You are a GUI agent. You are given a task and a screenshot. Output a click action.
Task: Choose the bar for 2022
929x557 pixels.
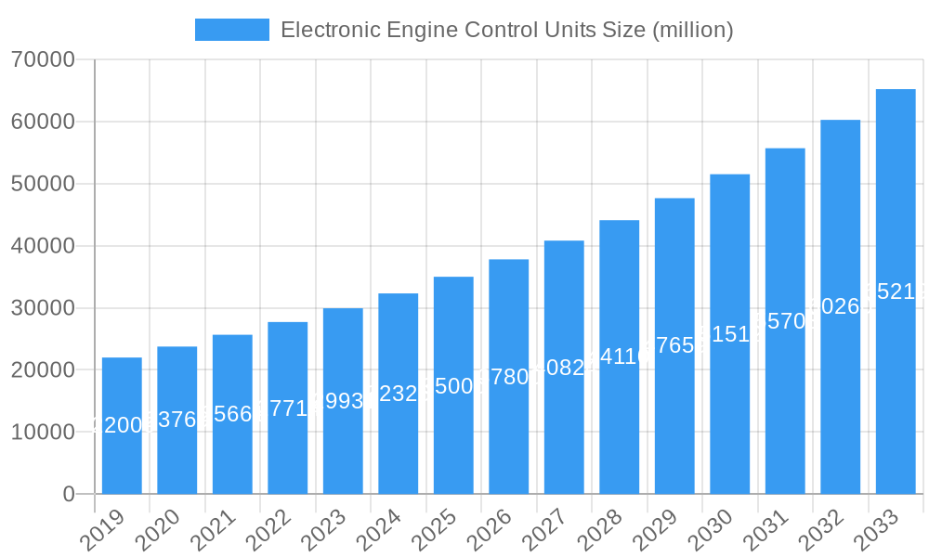coord(287,408)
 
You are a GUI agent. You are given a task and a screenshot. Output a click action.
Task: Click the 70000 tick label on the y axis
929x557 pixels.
coord(44,60)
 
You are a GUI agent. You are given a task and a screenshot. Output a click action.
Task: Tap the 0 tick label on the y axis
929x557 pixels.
coord(69,495)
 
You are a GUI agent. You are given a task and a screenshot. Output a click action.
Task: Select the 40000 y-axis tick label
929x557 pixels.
coord(44,246)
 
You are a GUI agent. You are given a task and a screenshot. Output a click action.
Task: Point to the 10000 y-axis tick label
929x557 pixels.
coord(44,433)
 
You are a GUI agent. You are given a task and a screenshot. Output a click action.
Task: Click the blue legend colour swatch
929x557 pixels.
coord(231,30)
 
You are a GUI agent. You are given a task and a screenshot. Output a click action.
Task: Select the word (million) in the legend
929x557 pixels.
coord(693,30)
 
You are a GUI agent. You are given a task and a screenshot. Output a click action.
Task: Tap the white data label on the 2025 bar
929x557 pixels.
coord(453,386)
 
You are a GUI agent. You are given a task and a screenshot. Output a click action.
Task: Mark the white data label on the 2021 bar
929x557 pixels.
coord(232,414)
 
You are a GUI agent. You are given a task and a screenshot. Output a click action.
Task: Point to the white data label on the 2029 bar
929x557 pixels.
coord(674,345)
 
